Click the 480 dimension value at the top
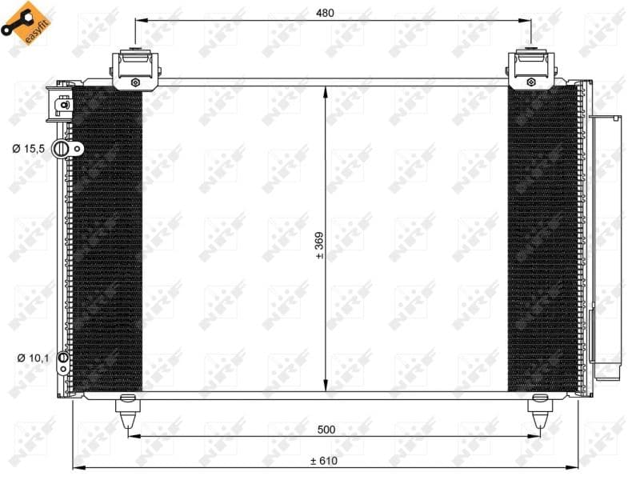325,13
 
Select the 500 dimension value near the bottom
326,430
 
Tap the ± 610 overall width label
324,460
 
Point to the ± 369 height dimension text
319,246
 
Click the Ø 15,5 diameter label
28,149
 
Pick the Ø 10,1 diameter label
33,358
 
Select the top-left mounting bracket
135,70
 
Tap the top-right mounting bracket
532,70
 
